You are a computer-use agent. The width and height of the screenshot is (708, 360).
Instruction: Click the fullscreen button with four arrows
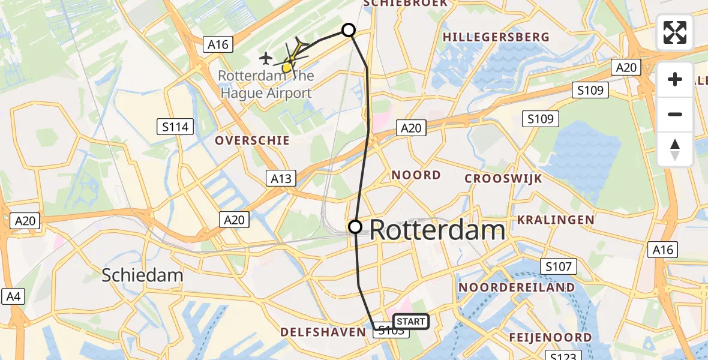click(675, 32)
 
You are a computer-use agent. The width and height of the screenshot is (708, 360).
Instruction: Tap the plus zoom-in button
click(675, 79)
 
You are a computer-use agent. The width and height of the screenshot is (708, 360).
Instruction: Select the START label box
click(411, 322)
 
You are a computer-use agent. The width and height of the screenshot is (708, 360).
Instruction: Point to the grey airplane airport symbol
click(266, 58)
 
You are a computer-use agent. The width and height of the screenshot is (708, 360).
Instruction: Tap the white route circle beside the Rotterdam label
click(355, 226)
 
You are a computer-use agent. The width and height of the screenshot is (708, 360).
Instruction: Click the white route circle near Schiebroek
click(349, 30)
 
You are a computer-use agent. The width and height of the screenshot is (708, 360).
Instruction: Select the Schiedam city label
click(142, 275)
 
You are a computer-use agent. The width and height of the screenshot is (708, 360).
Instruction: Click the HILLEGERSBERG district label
click(496, 37)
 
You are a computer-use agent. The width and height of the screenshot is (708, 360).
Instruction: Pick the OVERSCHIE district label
click(252, 140)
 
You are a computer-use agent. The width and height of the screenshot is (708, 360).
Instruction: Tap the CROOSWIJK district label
click(503, 179)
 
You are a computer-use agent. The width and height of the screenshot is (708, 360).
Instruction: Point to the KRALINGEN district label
click(556, 220)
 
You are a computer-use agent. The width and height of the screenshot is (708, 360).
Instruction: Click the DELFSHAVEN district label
click(323, 332)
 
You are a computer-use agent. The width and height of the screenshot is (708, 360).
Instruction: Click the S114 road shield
click(175, 127)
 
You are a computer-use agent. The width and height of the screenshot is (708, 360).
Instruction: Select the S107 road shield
click(558, 266)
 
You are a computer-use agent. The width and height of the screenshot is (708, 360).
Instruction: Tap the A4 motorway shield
click(13, 296)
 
